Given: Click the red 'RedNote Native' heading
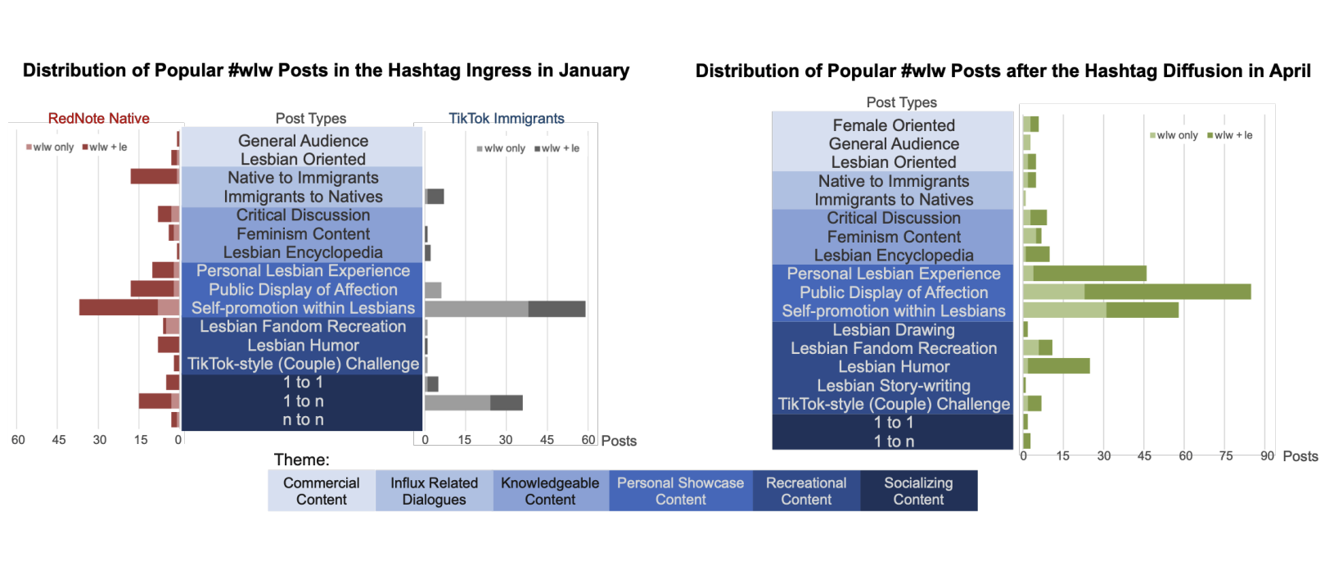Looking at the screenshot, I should click(x=98, y=118).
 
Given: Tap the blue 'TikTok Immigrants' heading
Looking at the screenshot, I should click(x=506, y=118).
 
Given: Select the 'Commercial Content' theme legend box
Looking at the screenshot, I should click(x=321, y=491).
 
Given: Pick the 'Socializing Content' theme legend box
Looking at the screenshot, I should click(x=918, y=491).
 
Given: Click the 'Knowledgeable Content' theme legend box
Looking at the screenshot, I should click(x=550, y=491).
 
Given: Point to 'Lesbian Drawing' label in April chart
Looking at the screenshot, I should click(x=893, y=329).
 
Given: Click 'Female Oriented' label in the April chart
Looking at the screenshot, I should click(x=893, y=125).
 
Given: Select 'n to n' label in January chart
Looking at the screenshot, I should click(x=303, y=419).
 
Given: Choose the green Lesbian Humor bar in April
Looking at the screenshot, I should click(x=1057, y=365).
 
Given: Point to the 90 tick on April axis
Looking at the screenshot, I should click(x=1267, y=455).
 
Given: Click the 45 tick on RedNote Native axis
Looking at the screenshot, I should click(x=59, y=440).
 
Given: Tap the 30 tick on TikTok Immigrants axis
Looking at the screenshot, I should click(x=506, y=440).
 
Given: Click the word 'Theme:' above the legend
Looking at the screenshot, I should click(x=301, y=460).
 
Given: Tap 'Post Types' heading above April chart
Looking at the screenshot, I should click(x=901, y=102).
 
